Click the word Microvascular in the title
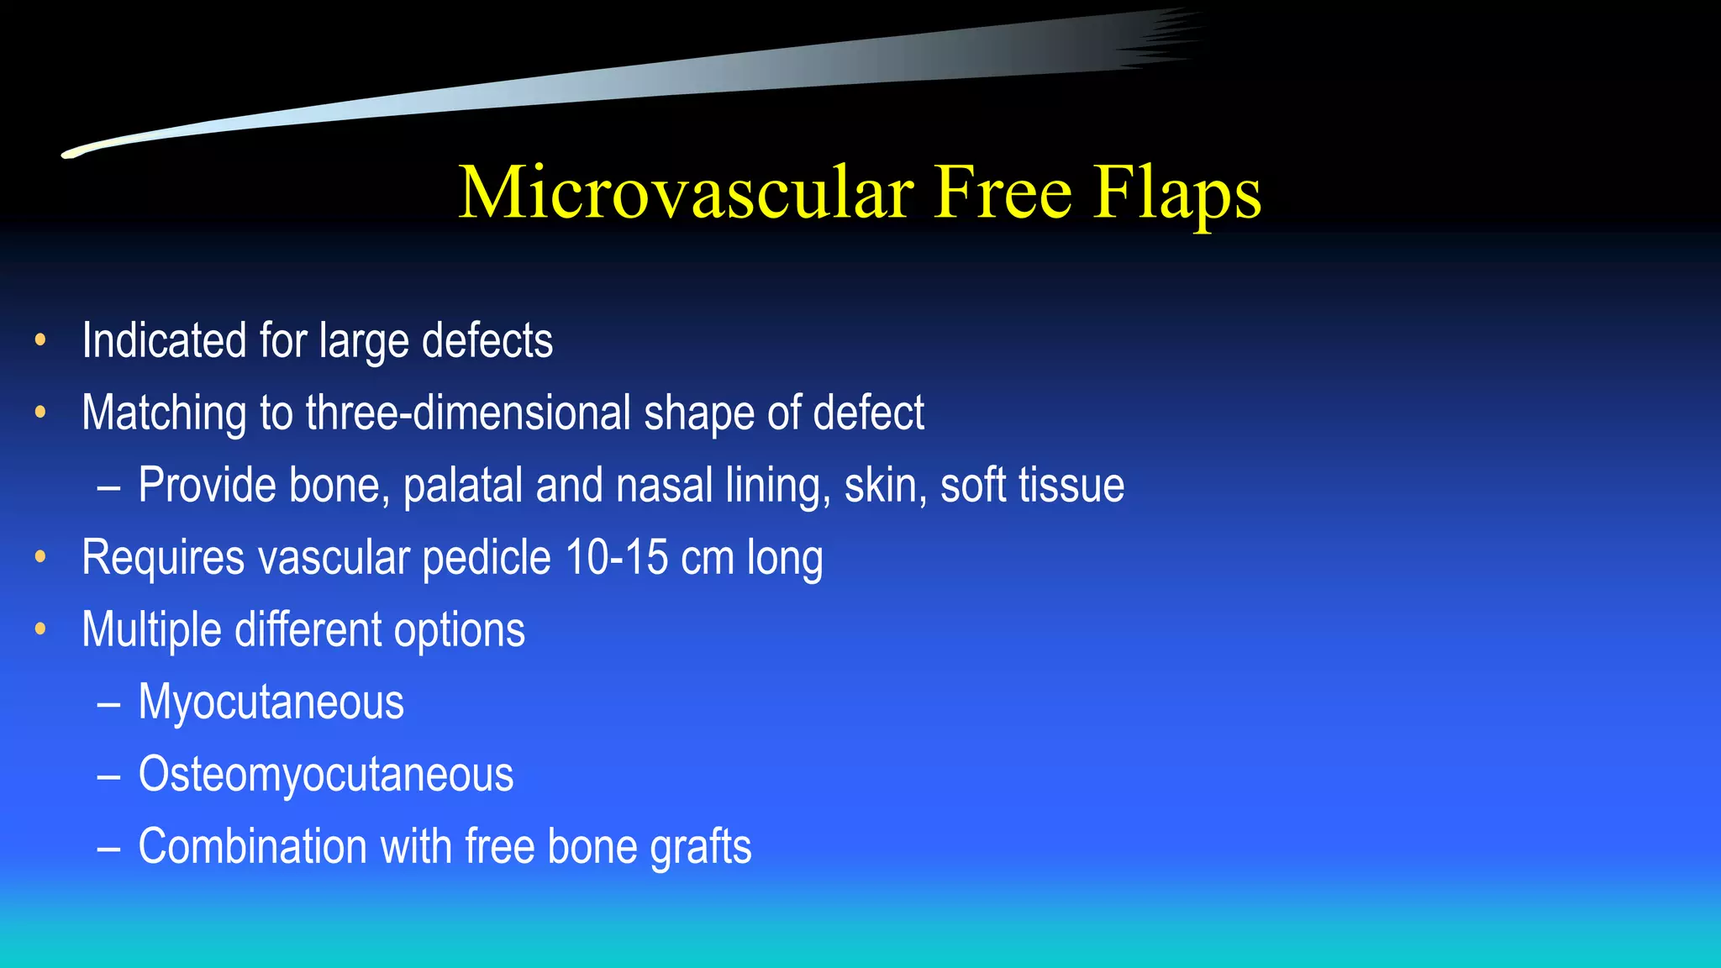[x=686, y=192]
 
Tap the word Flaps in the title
[x=1177, y=194]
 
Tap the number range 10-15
[x=617, y=557]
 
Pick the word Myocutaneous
[x=271, y=702]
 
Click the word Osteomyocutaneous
[x=325, y=774]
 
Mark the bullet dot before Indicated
[x=40, y=340]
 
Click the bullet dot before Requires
[x=40, y=557]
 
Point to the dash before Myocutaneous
[x=108, y=703]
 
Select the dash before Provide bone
[x=108, y=487]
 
